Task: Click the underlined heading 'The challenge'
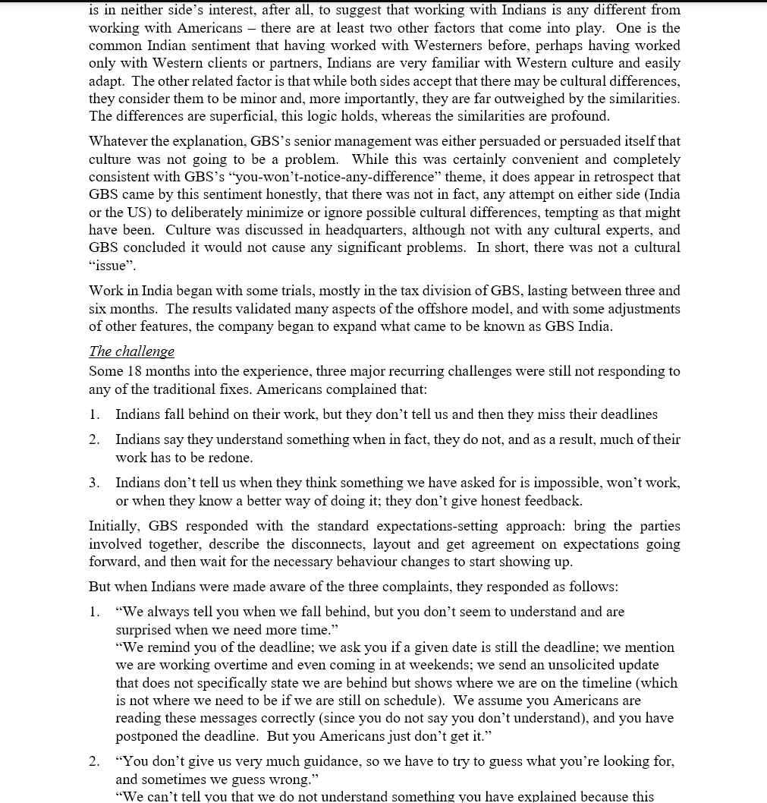[131, 351]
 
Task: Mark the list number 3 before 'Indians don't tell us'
[93, 483]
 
